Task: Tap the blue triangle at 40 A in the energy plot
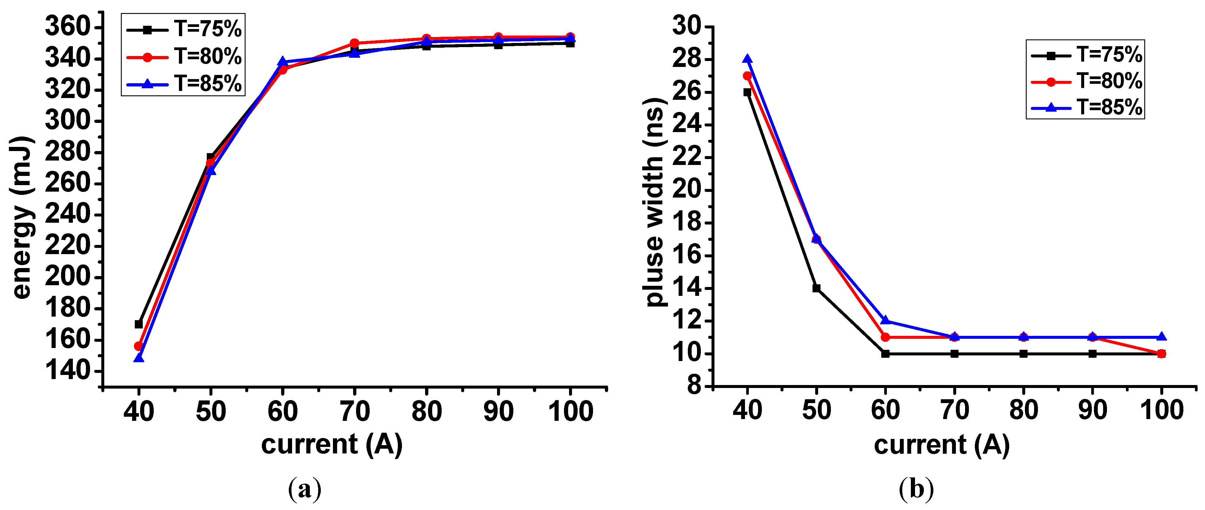point(138,358)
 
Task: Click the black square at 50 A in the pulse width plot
point(816,288)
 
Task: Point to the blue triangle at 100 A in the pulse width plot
point(1161,337)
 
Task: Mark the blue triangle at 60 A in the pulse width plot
point(885,320)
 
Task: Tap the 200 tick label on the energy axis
point(67,277)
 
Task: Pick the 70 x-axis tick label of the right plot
point(954,410)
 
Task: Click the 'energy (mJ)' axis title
point(22,218)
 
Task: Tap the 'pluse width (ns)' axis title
point(654,202)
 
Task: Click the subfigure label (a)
point(305,489)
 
